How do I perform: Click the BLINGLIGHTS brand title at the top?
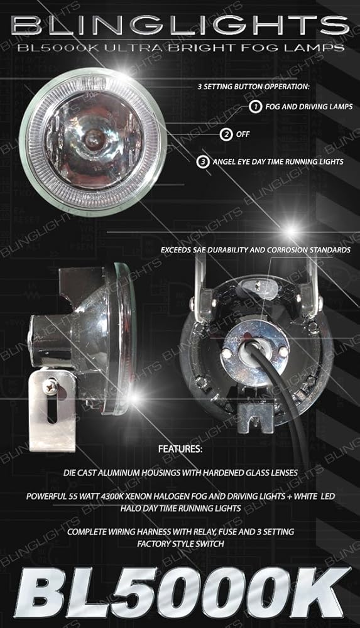[x=180, y=26]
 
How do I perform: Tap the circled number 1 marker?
[x=255, y=107]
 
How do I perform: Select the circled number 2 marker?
[x=226, y=134]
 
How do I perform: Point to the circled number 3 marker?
[x=203, y=162]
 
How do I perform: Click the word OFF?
[x=243, y=134]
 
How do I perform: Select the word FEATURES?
[x=180, y=449]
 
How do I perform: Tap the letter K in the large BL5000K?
[x=321, y=593]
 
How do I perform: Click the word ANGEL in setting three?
[x=224, y=162]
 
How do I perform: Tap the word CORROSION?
[x=286, y=250]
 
